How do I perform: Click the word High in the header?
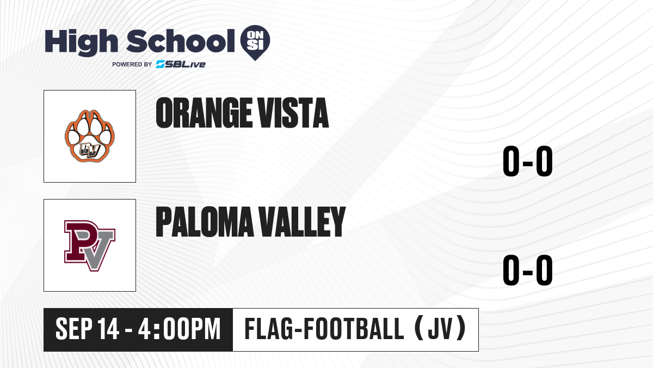(x=81, y=42)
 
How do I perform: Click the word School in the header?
(x=181, y=41)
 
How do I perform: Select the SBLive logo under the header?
(x=181, y=64)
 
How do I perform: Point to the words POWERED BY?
(x=132, y=64)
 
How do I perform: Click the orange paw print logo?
(x=90, y=136)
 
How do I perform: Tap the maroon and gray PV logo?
(x=90, y=245)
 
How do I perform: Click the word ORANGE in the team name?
(x=204, y=113)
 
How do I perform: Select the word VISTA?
(x=293, y=113)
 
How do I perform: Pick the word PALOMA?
(x=205, y=222)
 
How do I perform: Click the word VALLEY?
(x=302, y=222)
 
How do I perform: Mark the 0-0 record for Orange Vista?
(x=528, y=161)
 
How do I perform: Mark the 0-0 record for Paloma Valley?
(x=528, y=270)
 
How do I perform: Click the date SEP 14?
(x=87, y=329)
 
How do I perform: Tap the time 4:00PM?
(x=179, y=329)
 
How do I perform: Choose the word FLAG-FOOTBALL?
(x=324, y=329)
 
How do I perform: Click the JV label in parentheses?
(x=440, y=329)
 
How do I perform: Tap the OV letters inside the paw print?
(x=90, y=150)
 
